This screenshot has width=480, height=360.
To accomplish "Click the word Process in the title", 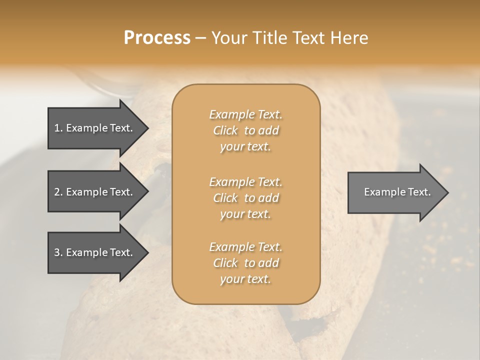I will tap(157, 38).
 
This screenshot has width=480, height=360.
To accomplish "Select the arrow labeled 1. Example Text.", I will tap(95, 128).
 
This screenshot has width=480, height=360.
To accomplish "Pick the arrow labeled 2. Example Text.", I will tap(95, 192).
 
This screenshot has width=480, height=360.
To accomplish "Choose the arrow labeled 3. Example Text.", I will tap(95, 252).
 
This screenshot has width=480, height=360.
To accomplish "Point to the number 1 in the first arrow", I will tap(57, 128).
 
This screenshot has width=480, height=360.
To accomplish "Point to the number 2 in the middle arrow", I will tap(57, 192).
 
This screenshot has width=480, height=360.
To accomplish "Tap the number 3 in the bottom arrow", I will tap(57, 252).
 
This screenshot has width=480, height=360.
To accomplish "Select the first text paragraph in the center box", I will tap(246, 130).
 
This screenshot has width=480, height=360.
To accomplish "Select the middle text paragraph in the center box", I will tap(246, 198).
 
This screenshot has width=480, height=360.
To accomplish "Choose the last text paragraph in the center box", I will tap(246, 263).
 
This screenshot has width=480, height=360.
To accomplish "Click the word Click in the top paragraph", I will tap(225, 130).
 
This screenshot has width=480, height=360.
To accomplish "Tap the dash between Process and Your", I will tap(200, 38).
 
